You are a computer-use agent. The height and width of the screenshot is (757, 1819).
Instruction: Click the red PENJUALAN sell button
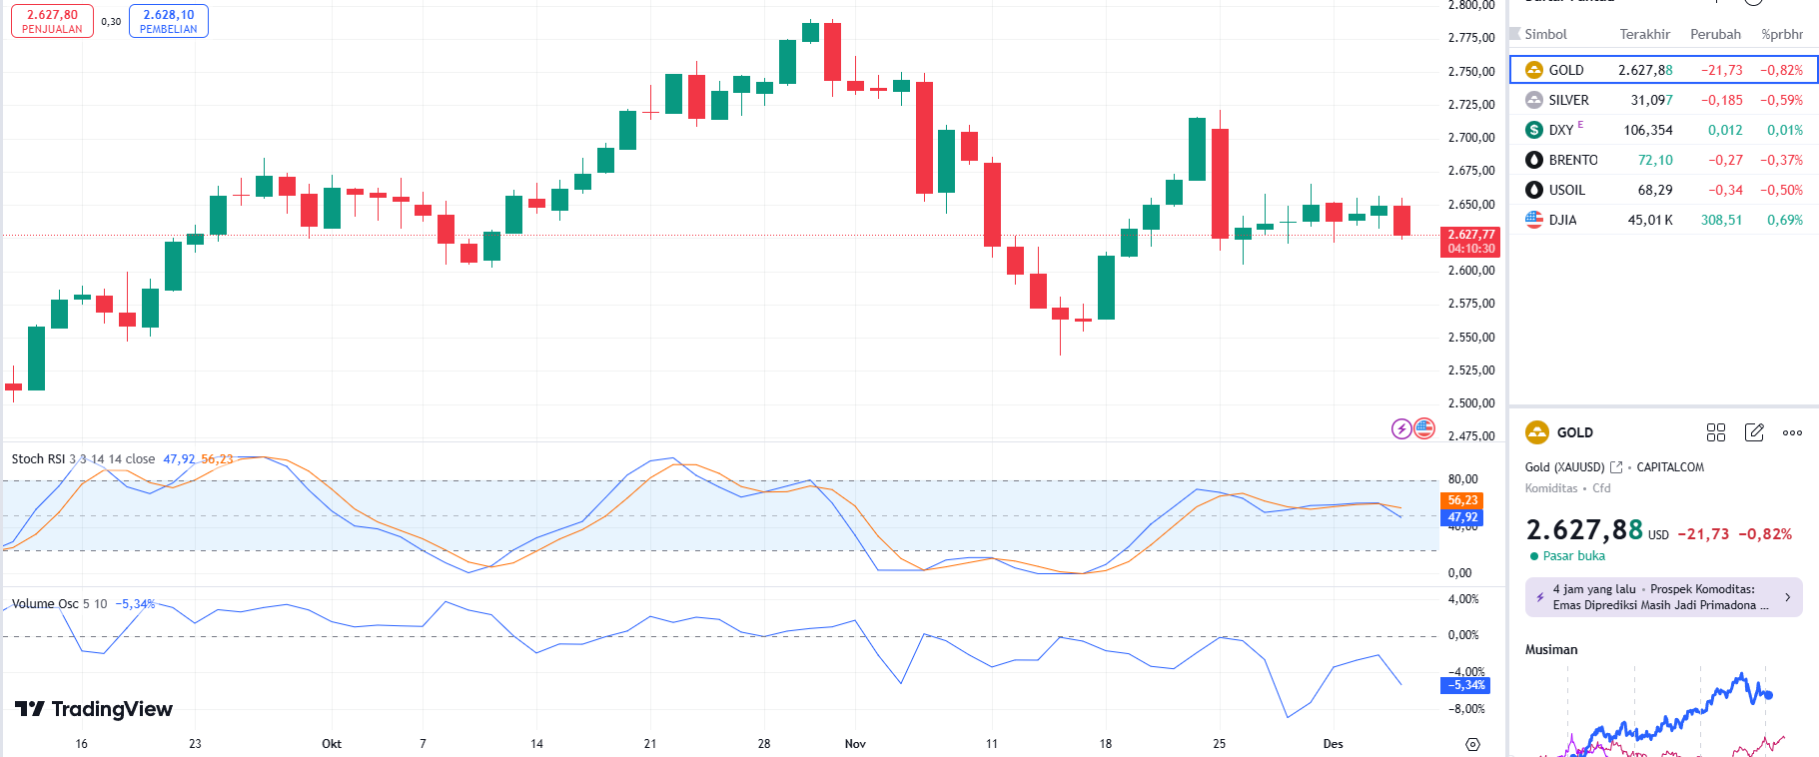pyautogui.click(x=52, y=21)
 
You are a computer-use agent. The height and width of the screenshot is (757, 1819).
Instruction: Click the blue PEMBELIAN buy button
pyautogui.click(x=169, y=21)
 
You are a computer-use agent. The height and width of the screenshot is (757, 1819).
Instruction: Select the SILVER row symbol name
pyautogui.click(x=1568, y=100)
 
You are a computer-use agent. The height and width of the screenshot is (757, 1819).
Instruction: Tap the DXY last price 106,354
pyautogui.click(x=1647, y=130)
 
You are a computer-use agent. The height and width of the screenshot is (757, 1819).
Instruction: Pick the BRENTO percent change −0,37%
pyautogui.click(x=1782, y=160)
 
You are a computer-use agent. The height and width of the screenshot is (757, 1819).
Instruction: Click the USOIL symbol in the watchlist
pyautogui.click(x=1566, y=190)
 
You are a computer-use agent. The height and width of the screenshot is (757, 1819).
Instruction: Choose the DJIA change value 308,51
pyautogui.click(x=1721, y=220)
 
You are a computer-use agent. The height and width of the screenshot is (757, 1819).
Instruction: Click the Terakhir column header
pyautogui.click(x=1644, y=34)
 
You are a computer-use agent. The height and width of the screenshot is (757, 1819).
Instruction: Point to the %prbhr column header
pyautogui.click(x=1782, y=34)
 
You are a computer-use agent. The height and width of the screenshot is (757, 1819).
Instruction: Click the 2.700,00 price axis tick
pyautogui.click(x=1471, y=138)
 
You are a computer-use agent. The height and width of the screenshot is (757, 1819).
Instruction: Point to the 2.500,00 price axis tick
pyautogui.click(x=1471, y=403)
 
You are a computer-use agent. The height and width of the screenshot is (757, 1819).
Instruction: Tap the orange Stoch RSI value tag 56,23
pyautogui.click(x=1462, y=500)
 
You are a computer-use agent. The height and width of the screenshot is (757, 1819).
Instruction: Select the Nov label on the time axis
pyautogui.click(x=855, y=744)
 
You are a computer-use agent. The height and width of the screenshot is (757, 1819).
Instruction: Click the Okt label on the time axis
pyautogui.click(x=332, y=744)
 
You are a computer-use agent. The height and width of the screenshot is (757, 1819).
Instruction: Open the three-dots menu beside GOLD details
pyautogui.click(x=1792, y=432)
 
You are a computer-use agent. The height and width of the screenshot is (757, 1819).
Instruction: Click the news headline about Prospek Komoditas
pyautogui.click(x=1659, y=597)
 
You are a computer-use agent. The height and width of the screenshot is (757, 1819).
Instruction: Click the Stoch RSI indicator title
pyautogui.click(x=37, y=459)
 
